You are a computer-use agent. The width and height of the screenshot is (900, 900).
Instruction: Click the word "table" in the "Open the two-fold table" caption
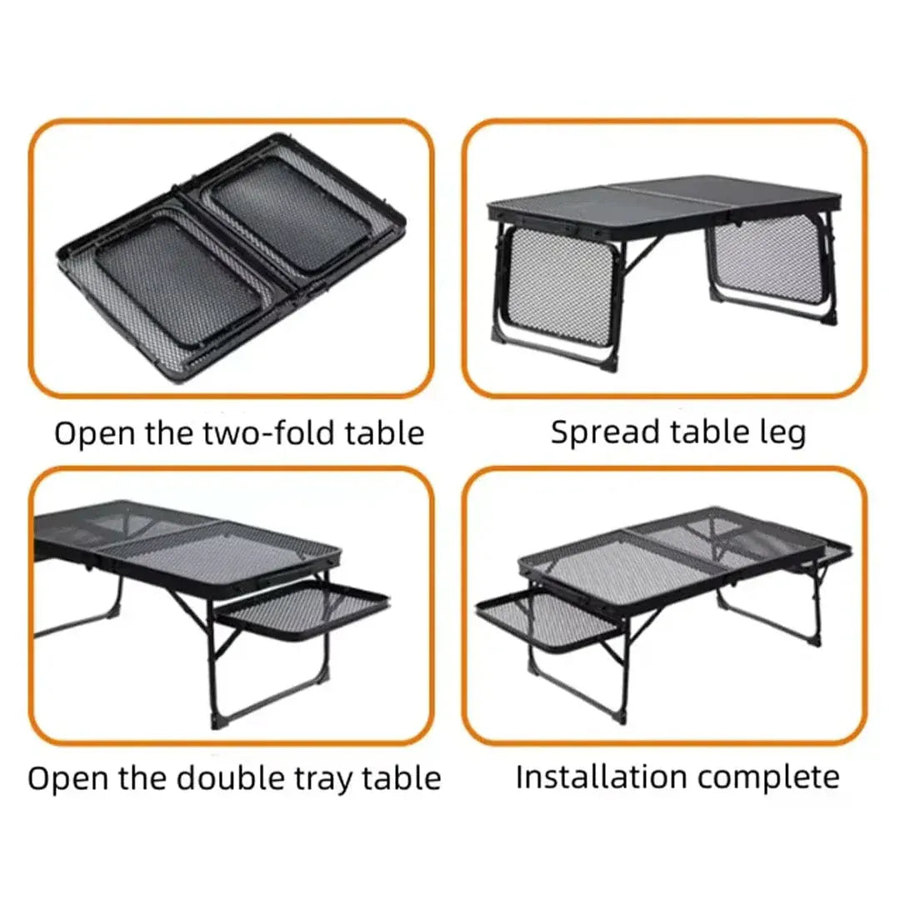(385, 433)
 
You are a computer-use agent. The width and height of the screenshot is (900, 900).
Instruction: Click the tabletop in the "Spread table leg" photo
(667, 200)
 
